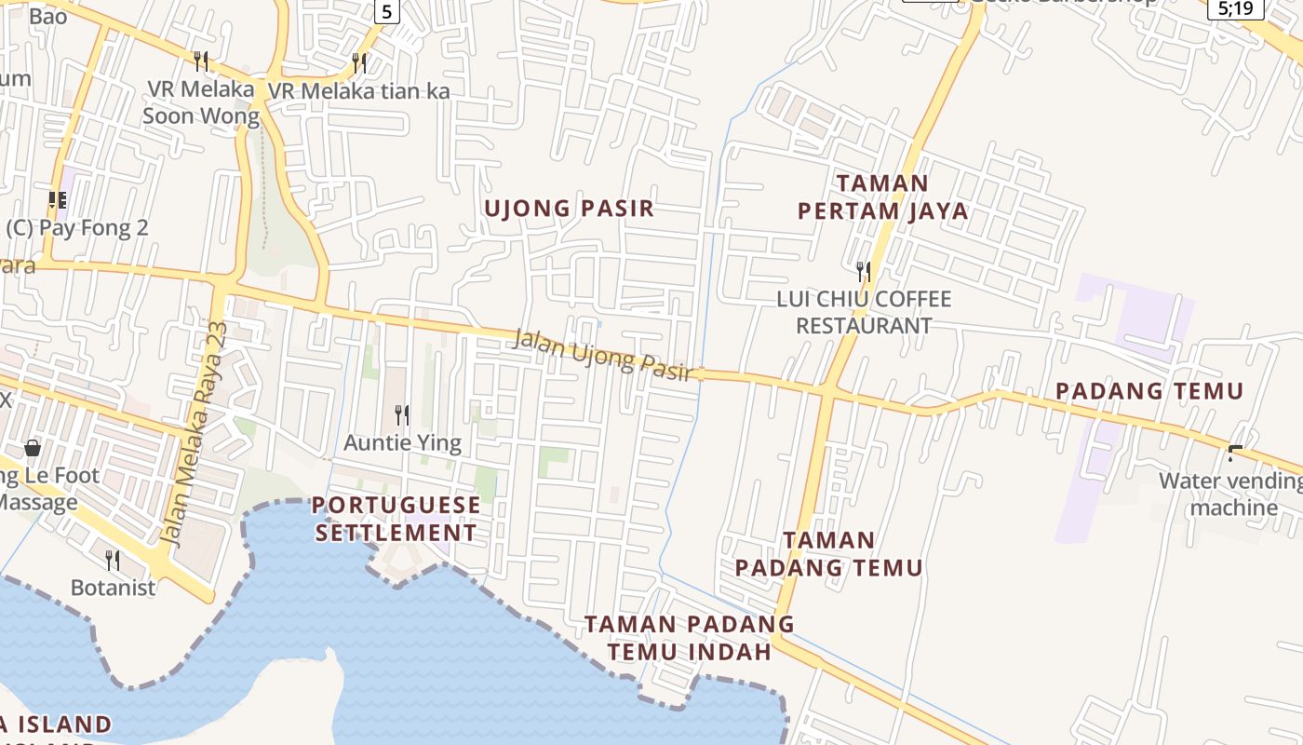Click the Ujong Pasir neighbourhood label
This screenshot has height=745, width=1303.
click(569, 209)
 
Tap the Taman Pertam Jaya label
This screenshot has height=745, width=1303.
click(882, 196)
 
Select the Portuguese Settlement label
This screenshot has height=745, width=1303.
click(396, 519)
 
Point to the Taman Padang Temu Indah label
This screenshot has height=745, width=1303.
click(690, 637)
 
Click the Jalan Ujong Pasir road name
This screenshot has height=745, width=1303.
click(603, 355)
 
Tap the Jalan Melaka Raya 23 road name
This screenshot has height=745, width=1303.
click(194, 433)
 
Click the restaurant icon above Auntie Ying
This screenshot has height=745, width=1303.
click(402, 414)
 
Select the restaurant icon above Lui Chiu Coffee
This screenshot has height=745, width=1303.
click(864, 271)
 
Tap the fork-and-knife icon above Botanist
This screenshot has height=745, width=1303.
click(113, 560)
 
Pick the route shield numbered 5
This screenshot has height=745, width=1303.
click(388, 11)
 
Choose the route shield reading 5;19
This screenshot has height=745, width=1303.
click(1236, 8)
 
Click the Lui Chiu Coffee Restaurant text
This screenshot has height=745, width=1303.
click(864, 312)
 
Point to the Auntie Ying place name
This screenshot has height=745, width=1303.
click(402, 442)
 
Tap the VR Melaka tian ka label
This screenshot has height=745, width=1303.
click(359, 91)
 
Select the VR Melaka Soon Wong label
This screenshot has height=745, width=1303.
click(201, 102)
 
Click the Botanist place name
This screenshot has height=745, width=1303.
click(114, 589)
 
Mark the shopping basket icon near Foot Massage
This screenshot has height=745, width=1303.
click(33, 448)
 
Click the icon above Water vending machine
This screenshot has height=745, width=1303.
click(1235, 454)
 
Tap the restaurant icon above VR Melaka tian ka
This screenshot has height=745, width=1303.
click(359, 62)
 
